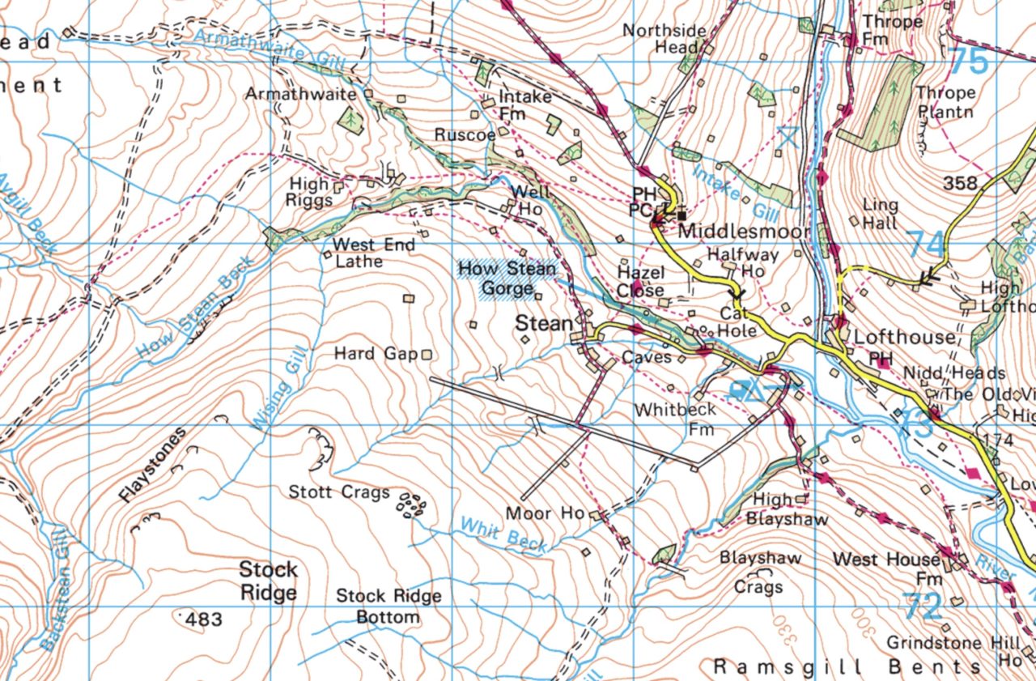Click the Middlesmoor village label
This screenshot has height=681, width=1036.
tap(744, 232)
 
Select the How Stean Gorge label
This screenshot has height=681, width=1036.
tap(507, 278)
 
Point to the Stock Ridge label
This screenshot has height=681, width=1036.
tap(268, 581)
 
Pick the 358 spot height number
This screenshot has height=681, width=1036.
tap(961, 183)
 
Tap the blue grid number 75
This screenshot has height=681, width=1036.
tap(968, 62)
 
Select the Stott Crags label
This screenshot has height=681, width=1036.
tap(339, 492)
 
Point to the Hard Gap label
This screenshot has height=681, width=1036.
tap(376, 354)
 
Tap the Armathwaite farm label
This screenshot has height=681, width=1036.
tap(300, 94)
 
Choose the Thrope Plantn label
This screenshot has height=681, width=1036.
tap(945, 102)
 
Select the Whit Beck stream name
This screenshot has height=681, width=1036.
tap(503, 534)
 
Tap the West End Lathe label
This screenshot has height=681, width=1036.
tap(374, 253)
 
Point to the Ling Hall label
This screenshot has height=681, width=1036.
tap(881, 213)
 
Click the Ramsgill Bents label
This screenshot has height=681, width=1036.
tap(847, 666)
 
